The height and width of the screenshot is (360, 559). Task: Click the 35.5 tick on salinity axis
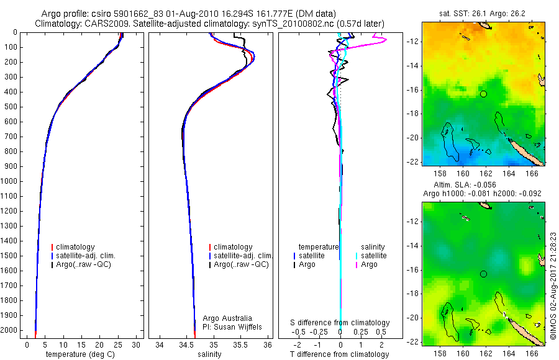click(x=240, y=344)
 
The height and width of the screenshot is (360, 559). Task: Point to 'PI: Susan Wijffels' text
click(x=232, y=326)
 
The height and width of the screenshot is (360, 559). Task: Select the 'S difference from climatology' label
click(x=340, y=323)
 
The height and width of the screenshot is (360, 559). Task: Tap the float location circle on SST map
click(x=483, y=94)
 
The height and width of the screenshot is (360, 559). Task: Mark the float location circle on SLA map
click(x=483, y=274)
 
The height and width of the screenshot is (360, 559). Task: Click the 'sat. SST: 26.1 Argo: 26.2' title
click(x=483, y=14)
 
